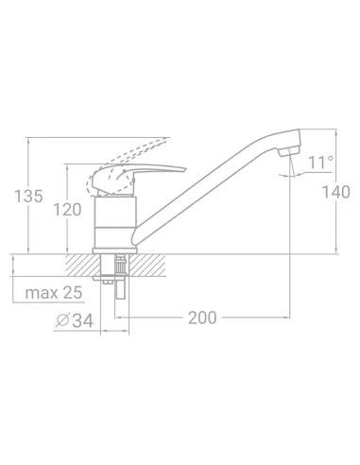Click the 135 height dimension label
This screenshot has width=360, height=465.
pyautogui.click(x=28, y=196)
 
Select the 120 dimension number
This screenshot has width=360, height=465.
pyautogui.click(x=67, y=210)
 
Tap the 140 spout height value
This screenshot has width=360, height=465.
pyautogui.click(x=336, y=192)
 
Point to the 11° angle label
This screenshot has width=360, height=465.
pyautogui.click(x=320, y=163)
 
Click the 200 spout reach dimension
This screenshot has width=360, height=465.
pyautogui.click(x=202, y=318)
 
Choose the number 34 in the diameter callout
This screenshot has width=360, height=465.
pyautogui.click(x=83, y=321)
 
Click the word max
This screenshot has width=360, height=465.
pyautogui.click(x=42, y=293)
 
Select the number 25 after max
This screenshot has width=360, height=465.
pyautogui.click(x=73, y=293)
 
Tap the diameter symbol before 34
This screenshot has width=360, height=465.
pyautogui.click(x=62, y=320)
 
